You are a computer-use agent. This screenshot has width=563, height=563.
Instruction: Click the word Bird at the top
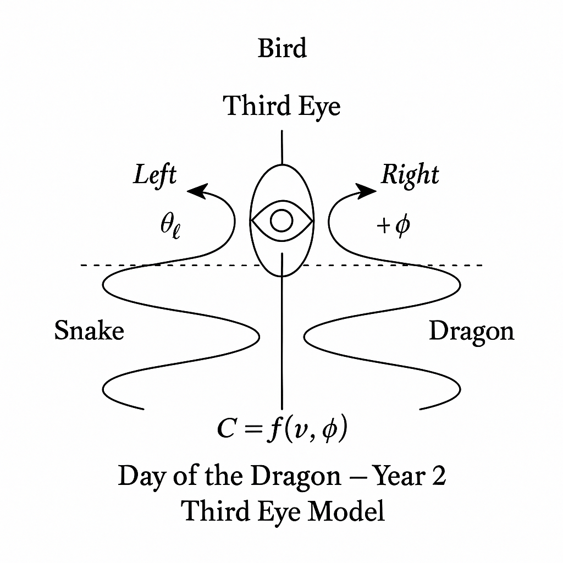[282, 48]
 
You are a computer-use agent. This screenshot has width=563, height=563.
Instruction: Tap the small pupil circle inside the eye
[281, 221]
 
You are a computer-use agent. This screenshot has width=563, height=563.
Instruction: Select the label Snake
[89, 332]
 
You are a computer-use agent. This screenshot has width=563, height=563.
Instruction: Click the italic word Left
[155, 175]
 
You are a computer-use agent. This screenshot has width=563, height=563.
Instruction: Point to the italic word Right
[410, 175]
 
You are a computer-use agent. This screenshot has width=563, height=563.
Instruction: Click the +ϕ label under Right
[394, 226]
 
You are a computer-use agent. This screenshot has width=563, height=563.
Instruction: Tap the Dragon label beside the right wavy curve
[471, 332]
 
